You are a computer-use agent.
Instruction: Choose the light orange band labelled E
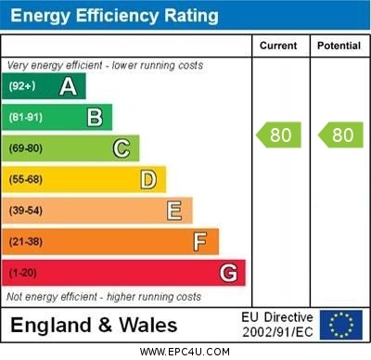97,211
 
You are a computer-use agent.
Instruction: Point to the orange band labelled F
110,242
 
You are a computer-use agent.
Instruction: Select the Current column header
278,45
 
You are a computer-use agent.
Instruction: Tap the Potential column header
339,45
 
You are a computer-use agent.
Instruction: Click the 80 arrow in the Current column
279,135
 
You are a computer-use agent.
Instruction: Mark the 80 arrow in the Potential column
340,135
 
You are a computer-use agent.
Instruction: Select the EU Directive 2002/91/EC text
277,325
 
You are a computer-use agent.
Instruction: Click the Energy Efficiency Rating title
114,16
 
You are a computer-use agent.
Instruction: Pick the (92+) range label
21,86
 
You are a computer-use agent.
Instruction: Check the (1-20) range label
21,274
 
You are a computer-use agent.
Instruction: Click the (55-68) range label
25,180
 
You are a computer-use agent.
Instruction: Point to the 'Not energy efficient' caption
104,297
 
